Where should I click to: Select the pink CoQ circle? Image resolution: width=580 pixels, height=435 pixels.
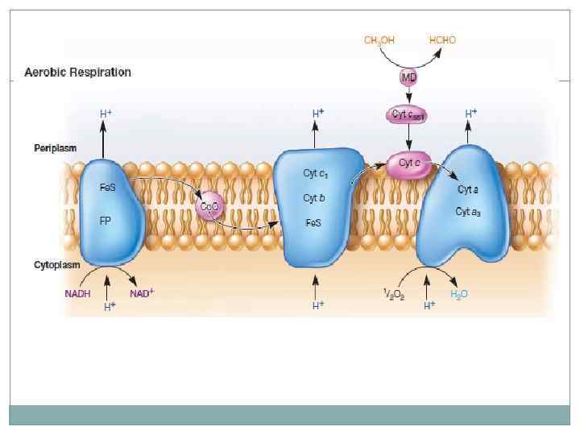coord(209,208)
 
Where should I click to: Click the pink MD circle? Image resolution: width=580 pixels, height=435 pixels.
coord(408,77)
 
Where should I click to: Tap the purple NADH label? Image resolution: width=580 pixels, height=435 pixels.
coord(77,294)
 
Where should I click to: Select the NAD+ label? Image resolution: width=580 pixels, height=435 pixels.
coord(142,293)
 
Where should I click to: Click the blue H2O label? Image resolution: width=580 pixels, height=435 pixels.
coord(459,294)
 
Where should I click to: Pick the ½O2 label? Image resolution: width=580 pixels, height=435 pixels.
coord(393,295)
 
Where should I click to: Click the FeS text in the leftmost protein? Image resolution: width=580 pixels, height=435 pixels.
coord(107,187)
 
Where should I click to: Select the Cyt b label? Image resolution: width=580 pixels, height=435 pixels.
coord(314,198)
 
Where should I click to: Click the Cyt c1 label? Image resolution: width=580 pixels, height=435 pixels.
coord(315,174)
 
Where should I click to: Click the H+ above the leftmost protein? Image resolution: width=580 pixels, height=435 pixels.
coord(106,114)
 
